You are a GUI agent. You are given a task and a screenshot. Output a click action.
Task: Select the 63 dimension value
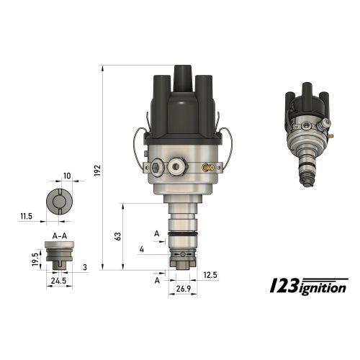point(117,235)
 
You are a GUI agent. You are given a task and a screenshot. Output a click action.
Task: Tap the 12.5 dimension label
point(210,275)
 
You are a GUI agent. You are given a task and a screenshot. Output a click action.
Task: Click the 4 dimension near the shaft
point(142,249)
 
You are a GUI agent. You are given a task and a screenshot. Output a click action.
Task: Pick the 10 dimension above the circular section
point(67,176)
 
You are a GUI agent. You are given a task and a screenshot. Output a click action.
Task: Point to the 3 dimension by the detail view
point(85,268)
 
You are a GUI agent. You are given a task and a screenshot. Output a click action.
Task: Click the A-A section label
point(61,235)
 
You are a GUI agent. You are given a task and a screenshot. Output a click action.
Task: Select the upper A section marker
point(157,233)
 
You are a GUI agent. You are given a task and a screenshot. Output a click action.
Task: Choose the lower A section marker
point(157,280)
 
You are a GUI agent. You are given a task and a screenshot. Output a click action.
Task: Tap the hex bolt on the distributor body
point(157,168)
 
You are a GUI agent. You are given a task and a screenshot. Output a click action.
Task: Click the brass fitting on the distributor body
point(207,168)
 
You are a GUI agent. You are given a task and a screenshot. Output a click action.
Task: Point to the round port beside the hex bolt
point(175,168)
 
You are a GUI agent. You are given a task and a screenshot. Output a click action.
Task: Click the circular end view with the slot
point(58,202)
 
